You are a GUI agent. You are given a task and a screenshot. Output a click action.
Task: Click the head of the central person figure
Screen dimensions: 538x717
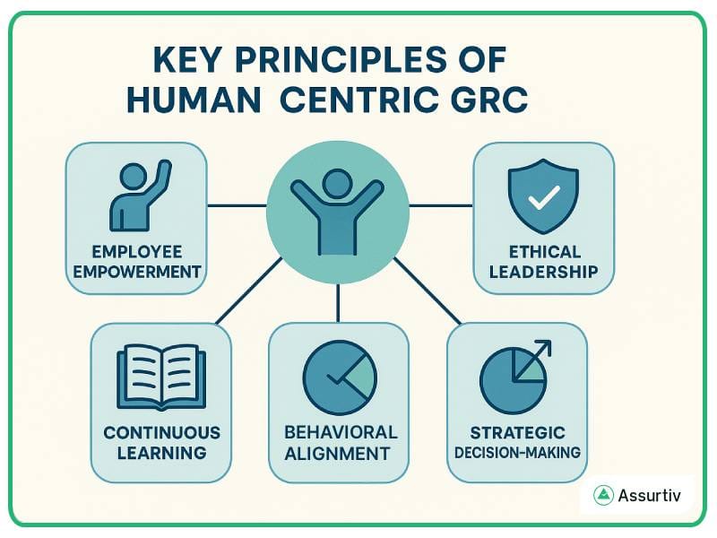click(x=337, y=185)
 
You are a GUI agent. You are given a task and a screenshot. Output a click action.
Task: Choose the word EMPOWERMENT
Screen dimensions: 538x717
click(x=136, y=271)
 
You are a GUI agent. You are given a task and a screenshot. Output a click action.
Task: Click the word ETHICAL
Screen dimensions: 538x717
click(x=543, y=251)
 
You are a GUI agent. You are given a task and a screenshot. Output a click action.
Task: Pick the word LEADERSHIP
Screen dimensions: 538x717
click(x=543, y=271)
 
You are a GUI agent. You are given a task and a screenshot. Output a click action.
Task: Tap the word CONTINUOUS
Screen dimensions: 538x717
click(x=161, y=432)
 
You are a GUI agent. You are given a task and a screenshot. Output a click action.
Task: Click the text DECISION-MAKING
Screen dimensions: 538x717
click(x=517, y=452)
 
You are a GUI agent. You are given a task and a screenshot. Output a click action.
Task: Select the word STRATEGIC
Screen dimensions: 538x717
click(x=517, y=432)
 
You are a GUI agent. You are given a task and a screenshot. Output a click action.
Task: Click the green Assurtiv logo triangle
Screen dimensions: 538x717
click(x=602, y=496)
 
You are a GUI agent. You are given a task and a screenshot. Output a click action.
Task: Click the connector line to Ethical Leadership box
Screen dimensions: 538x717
click(x=441, y=205)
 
